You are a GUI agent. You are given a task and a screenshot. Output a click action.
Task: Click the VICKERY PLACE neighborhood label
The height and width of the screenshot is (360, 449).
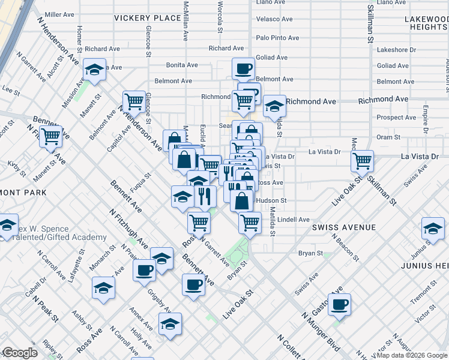147,18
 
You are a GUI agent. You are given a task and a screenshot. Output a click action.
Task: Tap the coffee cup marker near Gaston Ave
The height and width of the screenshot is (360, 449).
339,304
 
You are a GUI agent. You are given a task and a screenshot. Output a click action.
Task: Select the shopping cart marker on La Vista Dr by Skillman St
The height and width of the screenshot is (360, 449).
363,160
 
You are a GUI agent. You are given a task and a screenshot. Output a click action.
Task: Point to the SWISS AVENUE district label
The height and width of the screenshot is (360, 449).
343,227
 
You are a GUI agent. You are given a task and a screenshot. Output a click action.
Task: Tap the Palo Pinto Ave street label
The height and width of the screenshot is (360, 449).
277,38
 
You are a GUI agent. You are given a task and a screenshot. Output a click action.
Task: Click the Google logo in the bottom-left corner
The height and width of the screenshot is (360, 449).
19,353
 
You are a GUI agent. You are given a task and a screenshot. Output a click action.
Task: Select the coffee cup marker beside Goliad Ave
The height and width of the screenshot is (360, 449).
244,68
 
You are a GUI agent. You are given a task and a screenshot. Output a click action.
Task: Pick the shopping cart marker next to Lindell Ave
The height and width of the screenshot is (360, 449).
250,223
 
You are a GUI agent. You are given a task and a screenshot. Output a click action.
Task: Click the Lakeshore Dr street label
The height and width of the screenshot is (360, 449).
396,50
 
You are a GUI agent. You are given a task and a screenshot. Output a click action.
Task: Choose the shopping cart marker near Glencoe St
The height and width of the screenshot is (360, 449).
134,101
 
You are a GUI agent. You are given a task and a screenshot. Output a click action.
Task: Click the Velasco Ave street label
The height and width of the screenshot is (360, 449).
274,19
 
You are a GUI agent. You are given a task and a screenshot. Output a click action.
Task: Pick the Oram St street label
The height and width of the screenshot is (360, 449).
388,137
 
